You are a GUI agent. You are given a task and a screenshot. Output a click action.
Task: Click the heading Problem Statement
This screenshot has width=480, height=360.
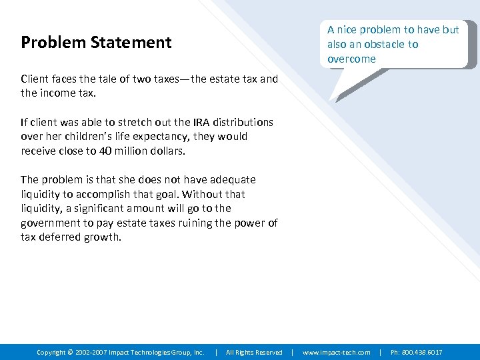pos(96,43)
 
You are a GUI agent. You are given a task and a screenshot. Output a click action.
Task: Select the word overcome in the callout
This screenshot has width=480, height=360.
pos(351,59)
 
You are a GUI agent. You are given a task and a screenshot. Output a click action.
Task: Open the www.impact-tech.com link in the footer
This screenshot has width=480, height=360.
pos(337,352)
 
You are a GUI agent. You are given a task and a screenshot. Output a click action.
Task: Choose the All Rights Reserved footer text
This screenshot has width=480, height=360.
pos(254,352)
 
